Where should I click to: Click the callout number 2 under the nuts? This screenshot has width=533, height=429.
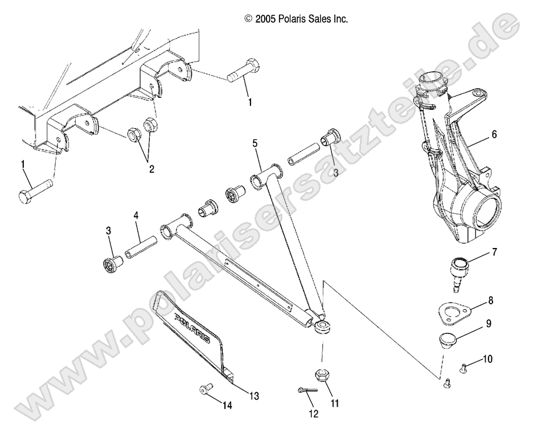pos(152,168)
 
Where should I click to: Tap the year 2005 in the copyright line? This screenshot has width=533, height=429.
pos(265,19)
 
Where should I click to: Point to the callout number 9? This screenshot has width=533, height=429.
pos(488,324)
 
